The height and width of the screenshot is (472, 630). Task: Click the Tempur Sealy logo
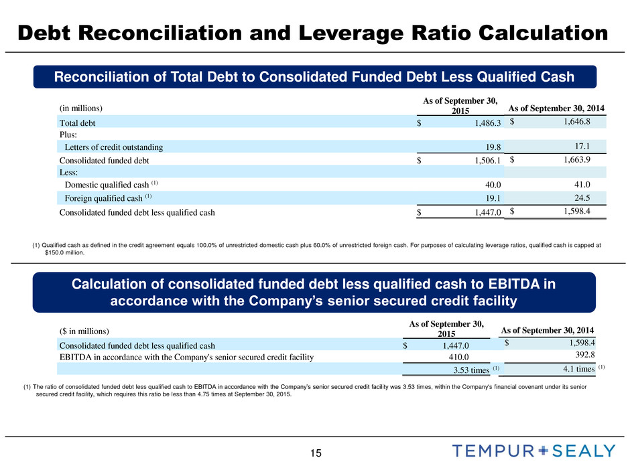[533, 451]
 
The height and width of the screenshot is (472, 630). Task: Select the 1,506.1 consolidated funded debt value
[482, 161]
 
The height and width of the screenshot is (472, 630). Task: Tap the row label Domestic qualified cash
[106, 185]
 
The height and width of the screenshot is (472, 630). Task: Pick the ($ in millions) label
[87, 330]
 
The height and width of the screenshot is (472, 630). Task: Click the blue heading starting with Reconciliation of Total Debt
[314, 77]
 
